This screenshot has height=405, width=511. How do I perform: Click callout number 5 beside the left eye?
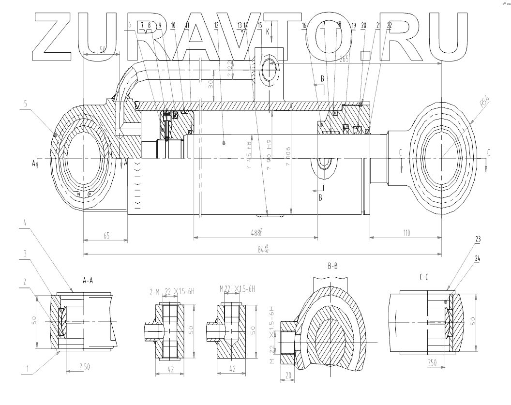[24, 103]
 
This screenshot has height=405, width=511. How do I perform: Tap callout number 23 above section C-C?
[478, 239]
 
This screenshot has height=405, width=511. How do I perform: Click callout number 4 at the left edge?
[24, 223]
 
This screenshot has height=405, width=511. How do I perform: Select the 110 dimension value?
[406, 233]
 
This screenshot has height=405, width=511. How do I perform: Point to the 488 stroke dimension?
[256, 233]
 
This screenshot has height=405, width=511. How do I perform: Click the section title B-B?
[332, 266]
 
